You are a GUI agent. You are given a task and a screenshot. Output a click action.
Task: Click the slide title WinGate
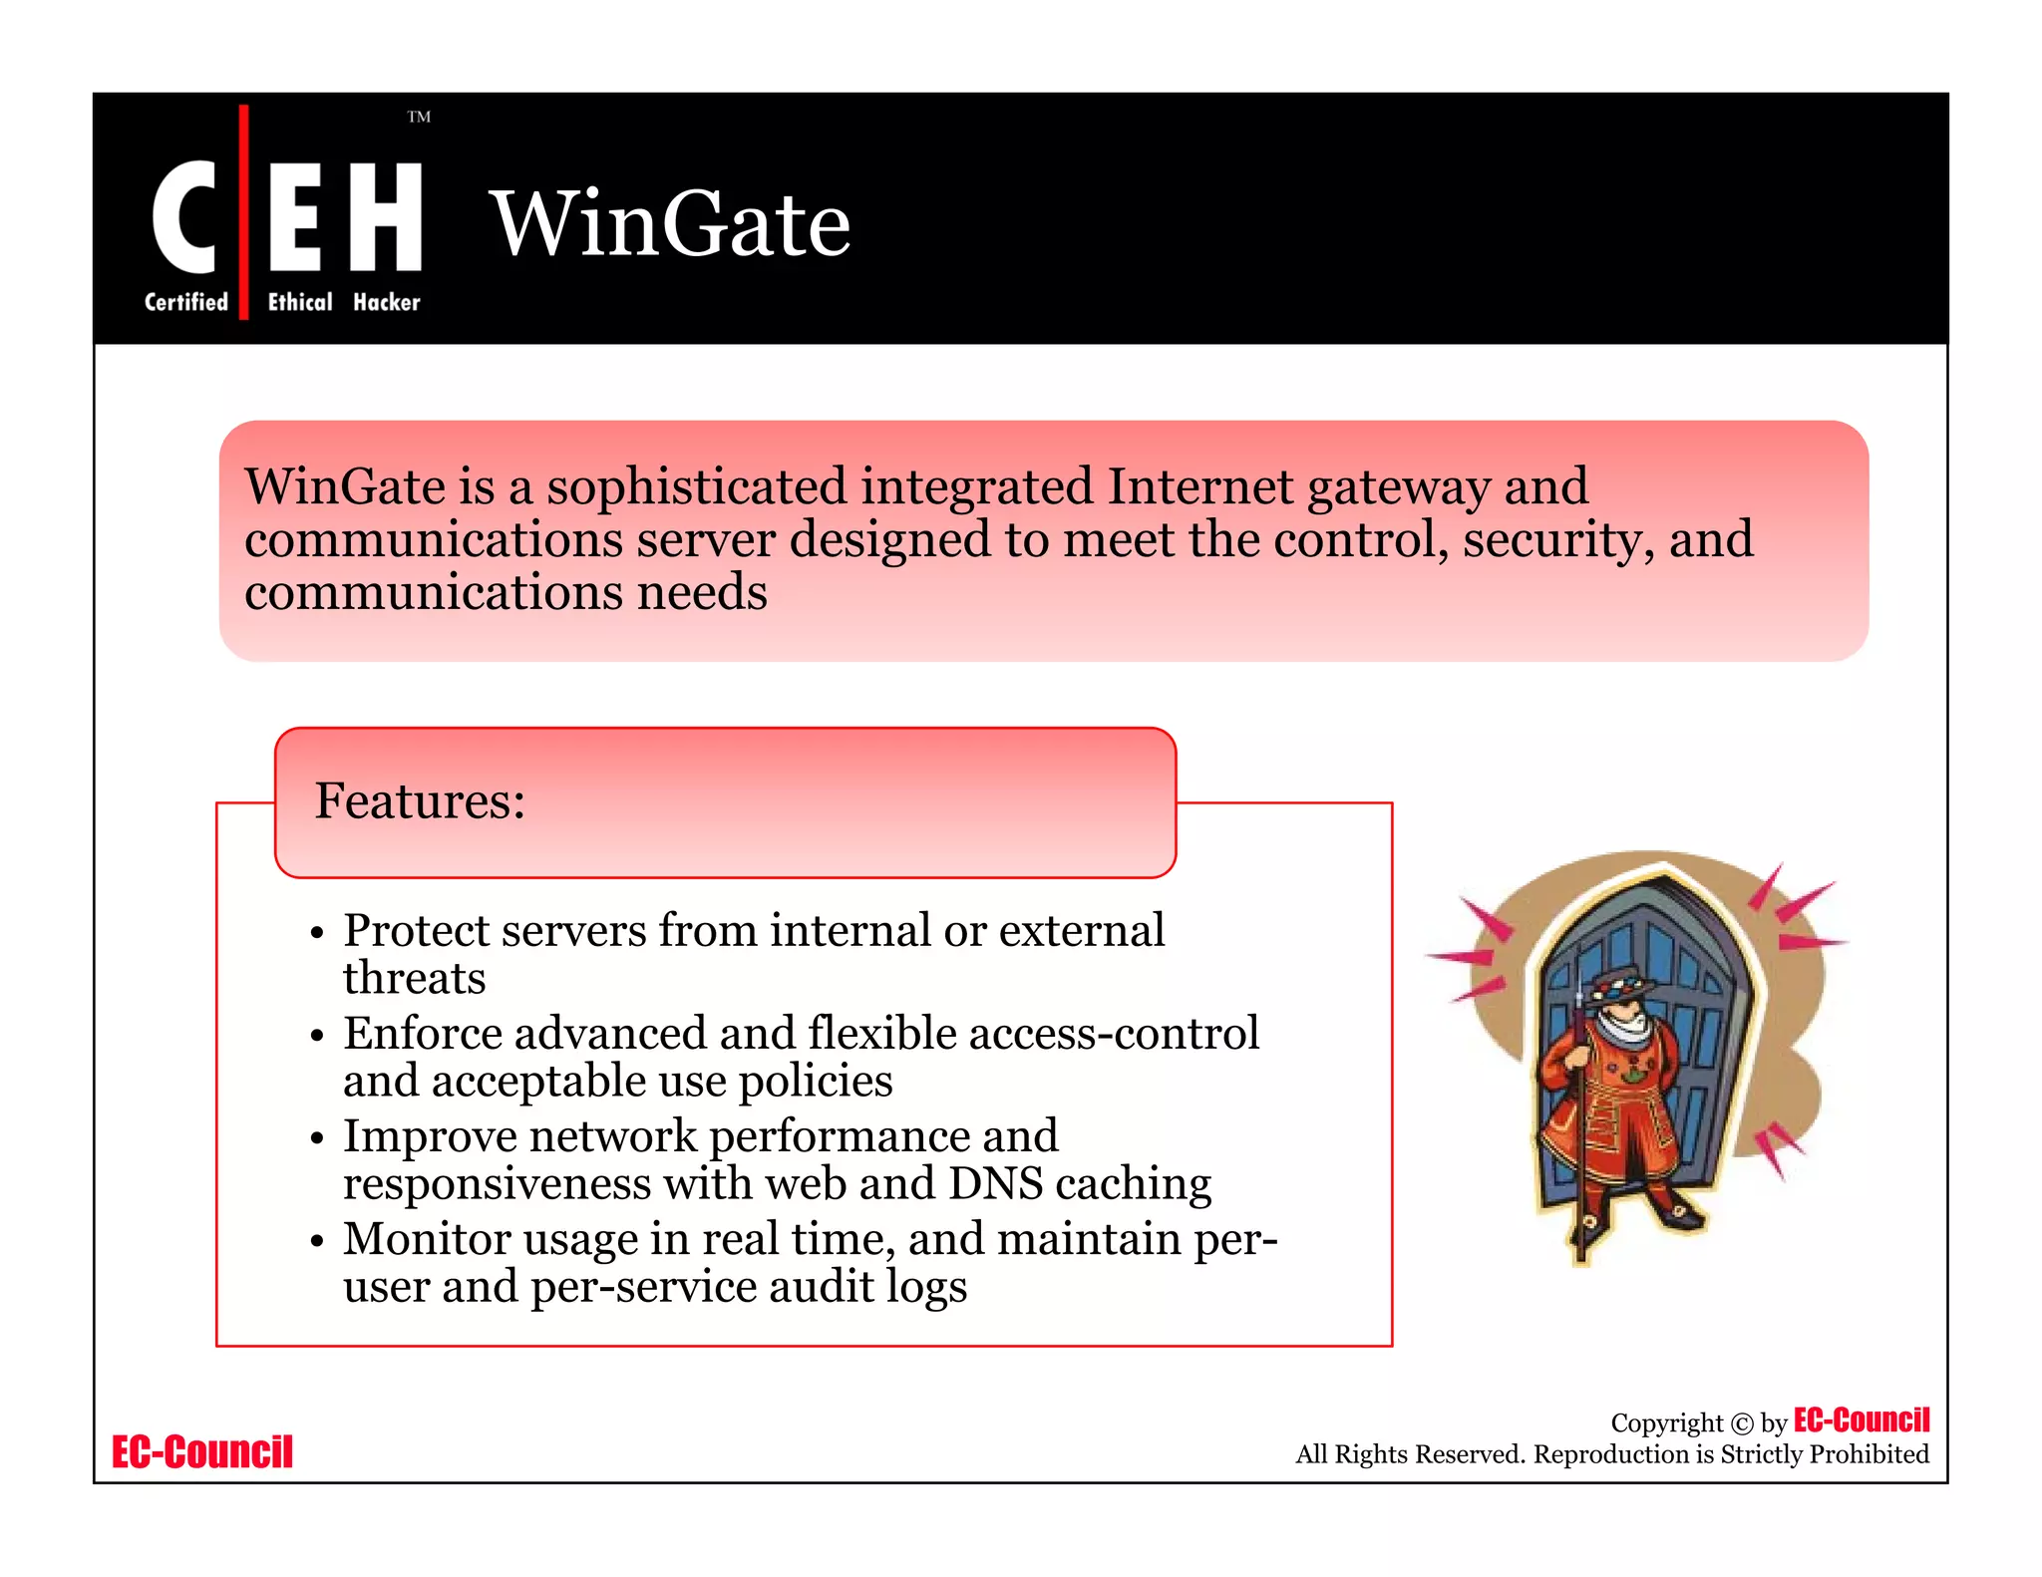[670, 223]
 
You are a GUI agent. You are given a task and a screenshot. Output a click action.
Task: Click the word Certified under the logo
[186, 302]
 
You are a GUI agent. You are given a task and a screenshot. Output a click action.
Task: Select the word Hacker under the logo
[387, 302]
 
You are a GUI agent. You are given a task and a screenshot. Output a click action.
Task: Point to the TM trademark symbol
[419, 117]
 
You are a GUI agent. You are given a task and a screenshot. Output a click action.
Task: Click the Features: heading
[420, 800]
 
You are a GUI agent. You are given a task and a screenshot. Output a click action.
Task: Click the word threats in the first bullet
[414, 978]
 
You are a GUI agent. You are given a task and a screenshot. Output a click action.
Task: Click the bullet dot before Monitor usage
[317, 1242]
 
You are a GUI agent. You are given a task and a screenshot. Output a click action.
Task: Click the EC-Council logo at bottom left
[202, 1452]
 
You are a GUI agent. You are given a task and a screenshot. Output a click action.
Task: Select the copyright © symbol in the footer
[1741, 1423]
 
